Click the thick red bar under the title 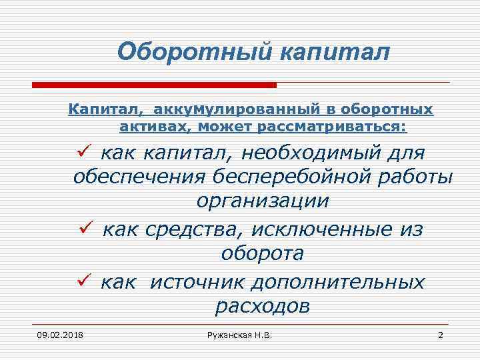tap(154, 85)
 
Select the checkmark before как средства tap(83, 230)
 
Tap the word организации tap(262, 201)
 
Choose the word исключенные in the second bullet tap(319, 230)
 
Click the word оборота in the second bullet tap(262, 254)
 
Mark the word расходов tap(262, 306)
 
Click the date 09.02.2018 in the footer tap(55, 334)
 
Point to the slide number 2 tap(440, 334)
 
